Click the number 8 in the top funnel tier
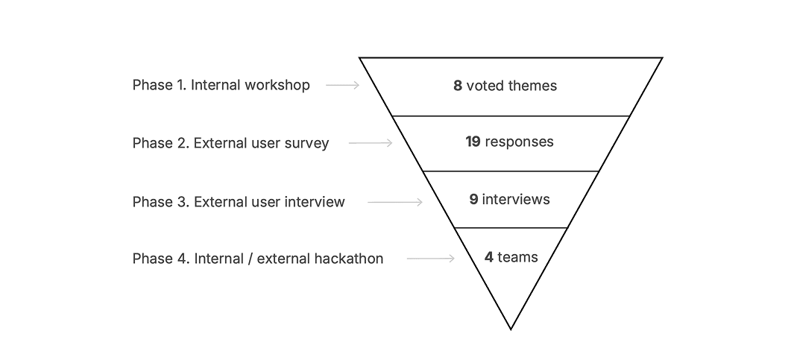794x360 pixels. click(x=458, y=86)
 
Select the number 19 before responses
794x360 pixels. click(x=473, y=142)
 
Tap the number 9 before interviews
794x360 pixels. click(x=473, y=199)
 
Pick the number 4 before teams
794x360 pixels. click(x=489, y=257)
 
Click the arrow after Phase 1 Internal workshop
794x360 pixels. click(x=343, y=85)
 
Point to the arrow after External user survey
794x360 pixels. click(x=371, y=143)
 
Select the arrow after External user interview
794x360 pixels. click(x=395, y=202)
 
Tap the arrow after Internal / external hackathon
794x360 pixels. click(x=430, y=259)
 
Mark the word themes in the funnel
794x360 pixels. click(x=532, y=86)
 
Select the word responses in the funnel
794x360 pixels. click(x=519, y=142)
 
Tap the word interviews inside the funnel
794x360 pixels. click(x=516, y=199)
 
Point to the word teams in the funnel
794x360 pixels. click(x=517, y=257)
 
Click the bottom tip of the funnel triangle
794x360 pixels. click(x=511, y=328)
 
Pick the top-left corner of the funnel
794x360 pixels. click(x=360, y=58)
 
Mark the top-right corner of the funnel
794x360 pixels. click(x=661, y=58)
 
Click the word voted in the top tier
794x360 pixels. click(x=485, y=86)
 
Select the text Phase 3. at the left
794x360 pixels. click(x=161, y=202)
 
